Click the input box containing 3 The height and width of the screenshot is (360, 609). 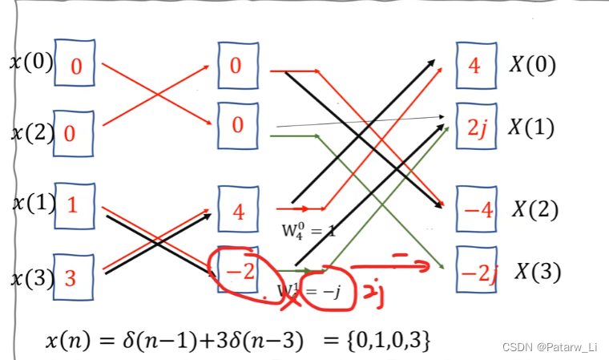(x=75, y=277)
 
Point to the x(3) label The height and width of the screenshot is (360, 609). (x=30, y=278)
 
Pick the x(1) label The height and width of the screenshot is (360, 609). (x=30, y=204)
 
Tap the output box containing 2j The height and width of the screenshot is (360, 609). (x=475, y=126)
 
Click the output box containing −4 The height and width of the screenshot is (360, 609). (x=475, y=210)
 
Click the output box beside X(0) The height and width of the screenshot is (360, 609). (x=475, y=64)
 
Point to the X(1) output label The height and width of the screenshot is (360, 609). (x=532, y=127)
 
